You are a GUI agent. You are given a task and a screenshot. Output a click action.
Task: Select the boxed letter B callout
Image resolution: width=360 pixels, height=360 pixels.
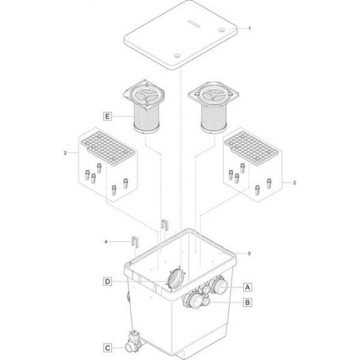point(249,301)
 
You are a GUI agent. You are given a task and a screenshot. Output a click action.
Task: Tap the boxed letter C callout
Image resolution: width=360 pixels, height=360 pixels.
point(108,347)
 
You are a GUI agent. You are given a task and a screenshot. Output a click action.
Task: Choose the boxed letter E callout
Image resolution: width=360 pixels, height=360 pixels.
point(107,117)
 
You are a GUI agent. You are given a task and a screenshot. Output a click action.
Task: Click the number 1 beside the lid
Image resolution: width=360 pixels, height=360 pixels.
point(250,29)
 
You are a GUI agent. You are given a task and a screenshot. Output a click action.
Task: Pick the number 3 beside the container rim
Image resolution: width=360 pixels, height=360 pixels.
point(249,253)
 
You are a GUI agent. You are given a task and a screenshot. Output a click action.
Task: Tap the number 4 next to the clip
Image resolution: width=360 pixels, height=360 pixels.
point(107,240)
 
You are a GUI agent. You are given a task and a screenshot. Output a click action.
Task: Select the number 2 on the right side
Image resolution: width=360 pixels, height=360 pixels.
point(294,184)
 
